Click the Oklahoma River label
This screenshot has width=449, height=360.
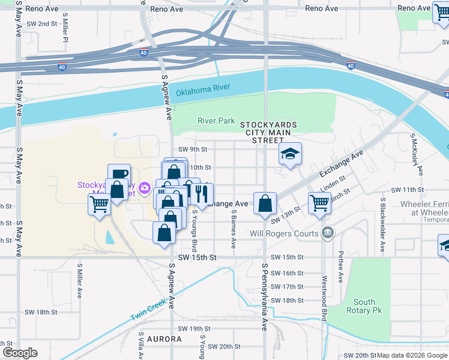(x=203, y=91)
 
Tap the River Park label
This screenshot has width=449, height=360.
(x=216, y=121)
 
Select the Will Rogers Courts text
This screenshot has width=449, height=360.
(x=285, y=233)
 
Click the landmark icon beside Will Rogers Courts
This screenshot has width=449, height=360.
(x=327, y=233)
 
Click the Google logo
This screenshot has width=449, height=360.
(x=19, y=352)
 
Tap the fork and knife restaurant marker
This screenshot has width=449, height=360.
(x=202, y=194)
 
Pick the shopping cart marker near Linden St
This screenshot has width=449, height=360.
(x=319, y=203)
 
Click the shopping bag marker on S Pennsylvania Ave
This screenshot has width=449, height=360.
(x=264, y=203)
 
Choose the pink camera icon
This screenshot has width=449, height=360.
(x=144, y=189)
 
